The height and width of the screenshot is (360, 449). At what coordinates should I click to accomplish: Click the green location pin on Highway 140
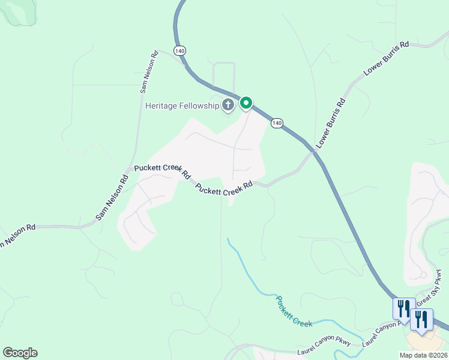click(x=246, y=103)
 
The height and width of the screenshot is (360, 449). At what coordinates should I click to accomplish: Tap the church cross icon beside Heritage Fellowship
click(x=228, y=106)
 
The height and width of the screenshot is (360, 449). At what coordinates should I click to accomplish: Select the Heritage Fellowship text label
click(x=182, y=106)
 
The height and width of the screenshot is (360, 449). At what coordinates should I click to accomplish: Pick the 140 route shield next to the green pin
click(x=276, y=123)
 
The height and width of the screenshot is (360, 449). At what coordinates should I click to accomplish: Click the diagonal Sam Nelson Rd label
click(x=112, y=197)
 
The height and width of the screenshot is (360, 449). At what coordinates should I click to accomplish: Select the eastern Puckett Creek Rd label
click(x=223, y=189)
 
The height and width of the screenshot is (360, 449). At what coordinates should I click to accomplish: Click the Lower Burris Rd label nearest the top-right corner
click(x=387, y=58)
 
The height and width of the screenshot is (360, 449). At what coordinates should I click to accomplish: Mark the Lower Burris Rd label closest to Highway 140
click(x=331, y=123)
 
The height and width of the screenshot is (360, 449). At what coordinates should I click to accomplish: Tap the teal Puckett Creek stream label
click(x=294, y=311)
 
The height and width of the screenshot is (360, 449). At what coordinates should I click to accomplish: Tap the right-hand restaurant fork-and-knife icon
click(x=423, y=319)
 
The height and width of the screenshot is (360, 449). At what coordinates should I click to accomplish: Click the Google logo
click(x=20, y=353)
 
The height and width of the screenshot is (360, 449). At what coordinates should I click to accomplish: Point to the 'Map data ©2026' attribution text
click(x=423, y=355)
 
